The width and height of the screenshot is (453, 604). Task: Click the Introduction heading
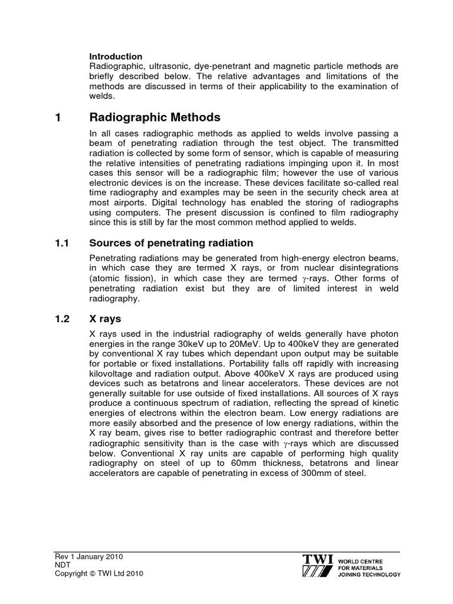click(x=115, y=57)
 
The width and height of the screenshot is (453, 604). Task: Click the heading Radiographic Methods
click(x=155, y=117)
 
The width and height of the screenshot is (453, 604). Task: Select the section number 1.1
click(x=61, y=243)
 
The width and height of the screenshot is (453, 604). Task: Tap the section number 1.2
click(x=61, y=319)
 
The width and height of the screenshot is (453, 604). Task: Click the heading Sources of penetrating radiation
click(x=171, y=243)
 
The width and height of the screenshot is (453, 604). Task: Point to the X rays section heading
click(x=105, y=319)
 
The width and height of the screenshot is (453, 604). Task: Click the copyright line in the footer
click(x=96, y=573)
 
